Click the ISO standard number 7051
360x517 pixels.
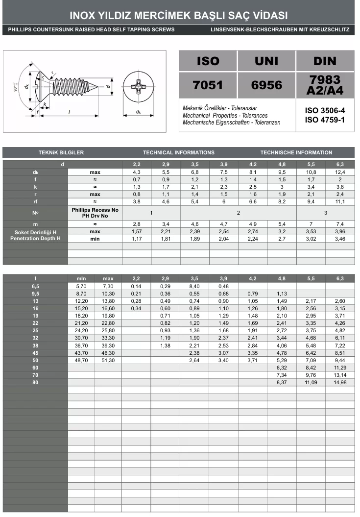pyautogui.click(x=208, y=85)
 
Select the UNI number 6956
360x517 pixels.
pyautogui.click(x=266, y=85)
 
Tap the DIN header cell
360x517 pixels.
pyautogui.click(x=325, y=61)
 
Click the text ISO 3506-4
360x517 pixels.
pyautogui.click(x=325, y=111)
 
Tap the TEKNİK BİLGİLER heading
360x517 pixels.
pyautogui.click(x=61, y=152)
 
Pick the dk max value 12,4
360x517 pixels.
pyautogui.click(x=340, y=172)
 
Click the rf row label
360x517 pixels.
pyautogui.click(x=35, y=201)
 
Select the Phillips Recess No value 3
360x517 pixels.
pyautogui.click(x=326, y=213)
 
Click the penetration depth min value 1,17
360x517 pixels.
pyautogui.click(x=137, y=239)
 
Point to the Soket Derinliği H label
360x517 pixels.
pyautogui.click(x=35, y=231)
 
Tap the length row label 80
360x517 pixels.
pyautogui.click(x=35, y=382)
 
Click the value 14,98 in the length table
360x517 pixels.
pyautogui.click(x=340, y=382)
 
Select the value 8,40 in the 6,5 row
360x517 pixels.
pyautogui.click(x=194, y=286)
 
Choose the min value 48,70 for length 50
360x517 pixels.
pyautogui.click(x=81, y=360)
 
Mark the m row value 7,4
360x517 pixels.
pyautogui.click(x=340, y=224)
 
